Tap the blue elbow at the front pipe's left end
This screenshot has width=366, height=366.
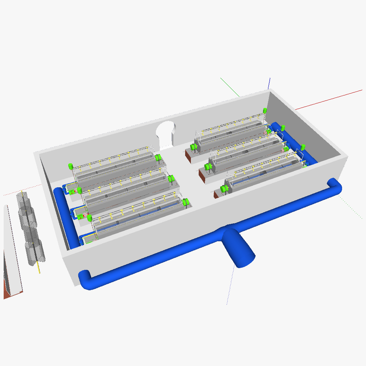coord(85,279)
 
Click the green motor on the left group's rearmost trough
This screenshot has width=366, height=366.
coord(158,158)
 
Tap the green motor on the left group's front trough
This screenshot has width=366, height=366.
coord(185,202)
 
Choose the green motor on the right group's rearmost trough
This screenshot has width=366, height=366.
coord(193,147)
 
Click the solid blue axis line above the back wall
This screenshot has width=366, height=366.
coord(269,82)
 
